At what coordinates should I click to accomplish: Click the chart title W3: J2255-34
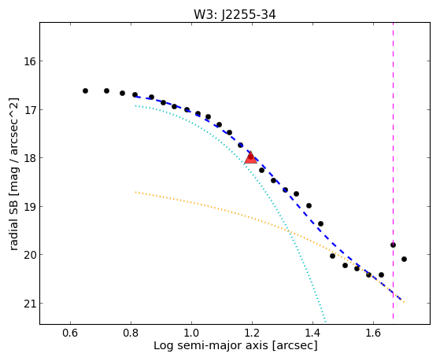point(235,15)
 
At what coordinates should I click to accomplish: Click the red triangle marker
point(250,157)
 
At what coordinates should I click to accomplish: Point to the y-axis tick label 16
point(29,61)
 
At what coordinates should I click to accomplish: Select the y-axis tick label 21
point(29,304)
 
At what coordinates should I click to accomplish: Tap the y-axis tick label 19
point(29,207)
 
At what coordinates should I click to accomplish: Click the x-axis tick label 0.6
point(70,333)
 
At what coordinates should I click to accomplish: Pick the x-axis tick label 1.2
point(252,333)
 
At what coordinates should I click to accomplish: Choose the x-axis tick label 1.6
point(373,333)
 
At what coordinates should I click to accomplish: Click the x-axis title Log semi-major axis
point(211,345)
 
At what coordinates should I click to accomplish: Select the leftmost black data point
point(85,91)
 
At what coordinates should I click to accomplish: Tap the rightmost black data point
point(404,260)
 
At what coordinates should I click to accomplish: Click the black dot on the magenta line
point(393,245)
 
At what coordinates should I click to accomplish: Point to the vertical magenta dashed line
point(393,171)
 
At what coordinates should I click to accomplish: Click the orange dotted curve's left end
point(135,192)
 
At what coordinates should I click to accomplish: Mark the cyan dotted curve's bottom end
point(326,322)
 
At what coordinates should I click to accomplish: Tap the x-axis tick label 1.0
point(191,333)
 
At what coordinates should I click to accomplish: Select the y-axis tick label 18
point(29,158)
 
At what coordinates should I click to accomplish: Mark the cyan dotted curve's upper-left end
point(135,105)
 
